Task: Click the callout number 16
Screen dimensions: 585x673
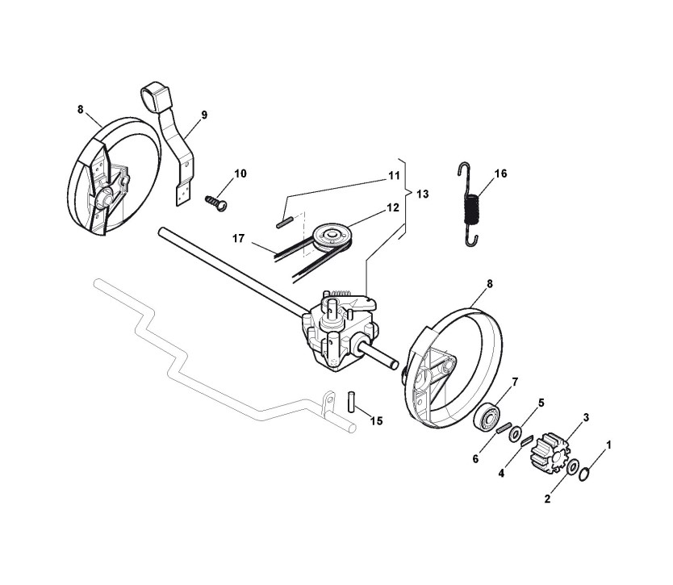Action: (x=500, y=173)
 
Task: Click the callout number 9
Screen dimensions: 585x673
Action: (x=203, y=115)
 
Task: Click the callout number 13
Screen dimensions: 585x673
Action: (x=422, y=194)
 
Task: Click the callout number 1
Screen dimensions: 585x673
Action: (x=608, y=445)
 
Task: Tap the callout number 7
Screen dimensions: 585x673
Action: (x=514, y=382)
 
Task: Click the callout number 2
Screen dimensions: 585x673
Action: (x=548, y=499)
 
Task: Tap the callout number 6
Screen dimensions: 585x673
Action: (x=475, y=458)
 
